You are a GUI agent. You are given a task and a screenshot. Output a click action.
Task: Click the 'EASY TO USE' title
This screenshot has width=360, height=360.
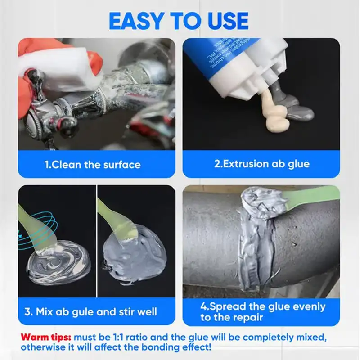pyautogui.click(x=179, y=20)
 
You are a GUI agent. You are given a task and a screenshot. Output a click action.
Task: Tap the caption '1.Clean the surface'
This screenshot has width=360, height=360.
pyautogui.click(x=92, y=165)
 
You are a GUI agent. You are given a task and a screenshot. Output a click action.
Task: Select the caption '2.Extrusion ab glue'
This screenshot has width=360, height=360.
pyautogui.click(x=261, y=164)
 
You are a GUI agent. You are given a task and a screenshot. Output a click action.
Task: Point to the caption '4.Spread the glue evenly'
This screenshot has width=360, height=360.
pyautogui.click(x=263, y=306)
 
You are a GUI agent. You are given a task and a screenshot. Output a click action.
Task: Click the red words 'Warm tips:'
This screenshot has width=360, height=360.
pyautogui.click(x=46, y=337)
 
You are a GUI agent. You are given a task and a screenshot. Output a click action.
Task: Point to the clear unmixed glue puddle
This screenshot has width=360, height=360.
pyautogui.click(x=58, y=265)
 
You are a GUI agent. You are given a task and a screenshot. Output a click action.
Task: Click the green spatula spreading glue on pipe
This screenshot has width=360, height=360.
pyautogui.click(x=310, y=198)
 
